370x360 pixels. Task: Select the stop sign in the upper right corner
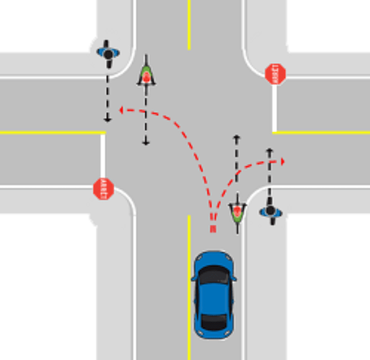click(276, 73)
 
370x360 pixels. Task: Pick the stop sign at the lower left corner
click(104, 189)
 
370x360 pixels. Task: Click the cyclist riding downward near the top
click(146, 74)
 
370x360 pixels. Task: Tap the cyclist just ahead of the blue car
click(237, 212)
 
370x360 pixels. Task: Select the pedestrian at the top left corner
click(108, 53)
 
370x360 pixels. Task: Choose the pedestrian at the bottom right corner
click(270, 212)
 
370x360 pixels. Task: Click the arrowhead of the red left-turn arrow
click(121, 109)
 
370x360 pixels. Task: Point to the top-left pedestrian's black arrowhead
click(107, 119)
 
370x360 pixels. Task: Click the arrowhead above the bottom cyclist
click(237, 138)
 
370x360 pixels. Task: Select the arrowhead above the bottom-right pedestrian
click(269, 151)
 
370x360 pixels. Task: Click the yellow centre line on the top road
click(189, 26)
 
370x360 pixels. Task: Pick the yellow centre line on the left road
click(51, 133)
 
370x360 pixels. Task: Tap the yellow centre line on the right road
click(322, 133)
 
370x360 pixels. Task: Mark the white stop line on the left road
click(102, 160)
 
